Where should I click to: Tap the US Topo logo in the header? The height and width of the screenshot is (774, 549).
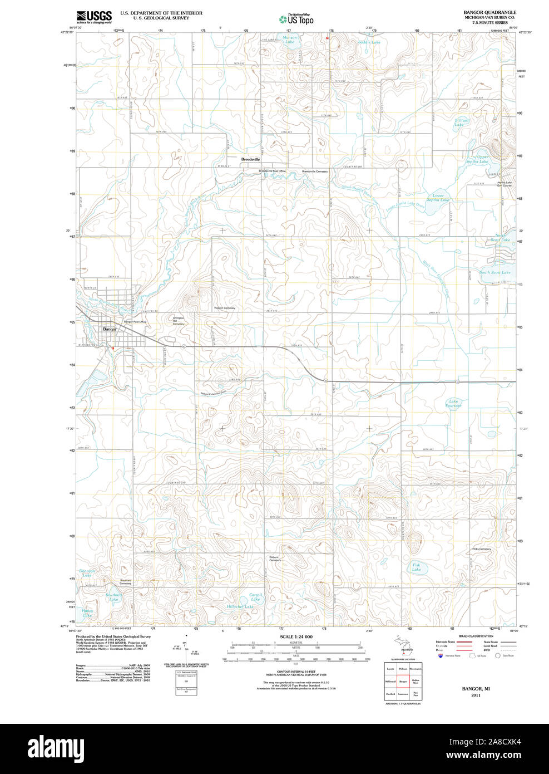pyautogui.click(x=296, y=19)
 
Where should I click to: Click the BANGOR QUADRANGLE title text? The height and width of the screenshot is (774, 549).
pyautogui.click(x=489, y=12)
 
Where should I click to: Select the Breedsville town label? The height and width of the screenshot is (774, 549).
pyautogui.click(x=250, y=159)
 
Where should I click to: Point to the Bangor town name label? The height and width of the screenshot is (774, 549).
pyautogui.click(x=110, y=329)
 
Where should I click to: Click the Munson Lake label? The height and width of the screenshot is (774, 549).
pyautogui.click(x=290, y=40)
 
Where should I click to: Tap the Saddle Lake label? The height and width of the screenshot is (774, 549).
pyautogui.click(x=369, y=42)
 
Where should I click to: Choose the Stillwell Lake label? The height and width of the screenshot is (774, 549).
pyautogui.click(x=462, y=123)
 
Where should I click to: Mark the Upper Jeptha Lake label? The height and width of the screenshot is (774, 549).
pyautogui.click(x=477, y=159)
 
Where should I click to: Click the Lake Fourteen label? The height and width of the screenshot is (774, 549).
pyautogui.click(x=453, y=403)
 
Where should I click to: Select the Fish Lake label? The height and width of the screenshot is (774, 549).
pyautogui.click(x=416, y=567)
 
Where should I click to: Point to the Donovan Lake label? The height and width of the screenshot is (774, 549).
pyautogui.click(x=87, y=572)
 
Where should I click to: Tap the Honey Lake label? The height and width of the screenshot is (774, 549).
pyautogui.click(x=87, y=613)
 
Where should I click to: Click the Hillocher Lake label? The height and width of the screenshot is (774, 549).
pyautogui.click(x=240, y=606)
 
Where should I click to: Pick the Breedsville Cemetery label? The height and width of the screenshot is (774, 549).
pyautogui.click(x=315, y=172)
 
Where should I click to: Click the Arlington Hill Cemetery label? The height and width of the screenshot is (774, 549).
pyautogui.click(x=178, y=321)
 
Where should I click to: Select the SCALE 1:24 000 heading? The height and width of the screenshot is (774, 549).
pyautogui.click(x=296, y=636)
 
